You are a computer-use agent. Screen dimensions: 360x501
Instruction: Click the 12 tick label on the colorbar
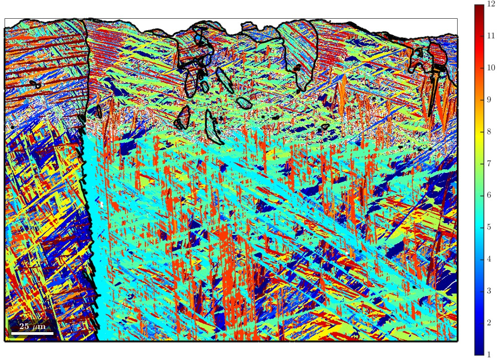pos(491,4)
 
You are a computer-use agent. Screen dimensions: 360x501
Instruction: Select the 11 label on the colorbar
pos(491,36)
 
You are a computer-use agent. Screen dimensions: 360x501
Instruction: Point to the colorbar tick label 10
pos(491,68)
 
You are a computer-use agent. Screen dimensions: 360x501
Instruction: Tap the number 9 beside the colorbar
pos(489,99)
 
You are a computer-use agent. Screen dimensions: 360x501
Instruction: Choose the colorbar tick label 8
pos(489,131)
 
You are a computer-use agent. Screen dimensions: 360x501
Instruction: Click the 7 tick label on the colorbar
pos(489,163)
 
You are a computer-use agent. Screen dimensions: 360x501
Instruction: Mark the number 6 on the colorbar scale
pos(489,195)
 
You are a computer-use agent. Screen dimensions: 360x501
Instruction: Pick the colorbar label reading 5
pos(489,227)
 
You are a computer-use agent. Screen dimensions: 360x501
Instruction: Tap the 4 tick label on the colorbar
pos(489,259)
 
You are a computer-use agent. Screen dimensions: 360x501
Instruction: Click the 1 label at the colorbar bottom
pos(489,355)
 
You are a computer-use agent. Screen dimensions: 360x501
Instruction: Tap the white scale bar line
pos(32,333)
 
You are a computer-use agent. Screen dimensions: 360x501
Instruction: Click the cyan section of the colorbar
pos(479,227)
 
